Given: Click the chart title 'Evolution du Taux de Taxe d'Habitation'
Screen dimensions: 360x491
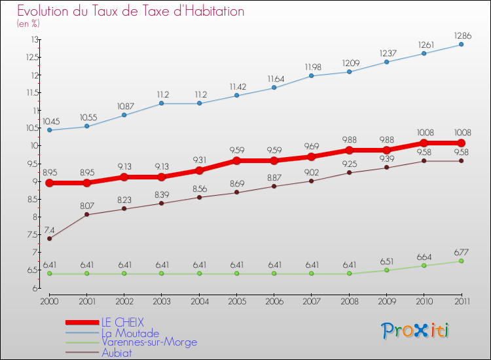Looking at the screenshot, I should point(131,12).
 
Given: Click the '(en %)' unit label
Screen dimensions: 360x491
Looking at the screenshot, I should point(29,24).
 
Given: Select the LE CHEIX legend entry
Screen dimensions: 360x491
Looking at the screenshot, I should point(122,322).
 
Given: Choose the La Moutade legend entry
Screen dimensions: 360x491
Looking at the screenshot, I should point(130,333).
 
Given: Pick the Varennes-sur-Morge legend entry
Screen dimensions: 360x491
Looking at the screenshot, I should point(149,342).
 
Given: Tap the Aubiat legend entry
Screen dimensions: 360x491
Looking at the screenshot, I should point(117,352).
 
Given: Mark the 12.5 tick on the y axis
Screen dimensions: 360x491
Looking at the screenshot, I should point(31,57).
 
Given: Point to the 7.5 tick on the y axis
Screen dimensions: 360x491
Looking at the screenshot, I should point(31,235).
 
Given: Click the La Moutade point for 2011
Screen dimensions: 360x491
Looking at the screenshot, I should point(461,45).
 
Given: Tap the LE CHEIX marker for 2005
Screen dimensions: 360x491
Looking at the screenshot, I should point(237,160).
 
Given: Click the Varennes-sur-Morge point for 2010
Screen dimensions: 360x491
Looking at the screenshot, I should point(424,266).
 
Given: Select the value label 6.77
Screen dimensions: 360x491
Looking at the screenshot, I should point(461,252).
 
